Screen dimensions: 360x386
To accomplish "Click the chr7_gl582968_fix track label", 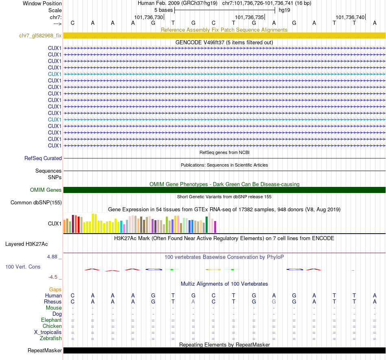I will click(x=40, y=36).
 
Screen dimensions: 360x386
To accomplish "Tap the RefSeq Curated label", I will click(x=43, y=158).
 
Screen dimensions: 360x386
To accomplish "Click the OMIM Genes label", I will click(x=46, y=190).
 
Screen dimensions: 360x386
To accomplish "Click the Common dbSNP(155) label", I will click(x=36, y=202).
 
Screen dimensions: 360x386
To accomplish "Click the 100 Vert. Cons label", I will click(x=23, y=267).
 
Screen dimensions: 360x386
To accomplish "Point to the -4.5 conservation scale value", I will click(x=54, y=277).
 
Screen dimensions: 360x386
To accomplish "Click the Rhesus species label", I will click(x=53, y=302).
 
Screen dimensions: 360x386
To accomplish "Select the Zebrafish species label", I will click(x=51, y=338).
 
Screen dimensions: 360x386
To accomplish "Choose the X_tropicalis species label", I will click(x=48, y=332).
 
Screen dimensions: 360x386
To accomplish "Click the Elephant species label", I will click(x=52, y=320).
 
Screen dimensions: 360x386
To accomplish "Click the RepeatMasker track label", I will click(x=45, y=350).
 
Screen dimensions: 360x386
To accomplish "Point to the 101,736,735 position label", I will click(x=249, y=17).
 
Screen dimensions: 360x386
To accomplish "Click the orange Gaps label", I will click(x=55, y=289).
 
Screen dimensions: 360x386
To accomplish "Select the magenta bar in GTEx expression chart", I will click(x=215, y=227).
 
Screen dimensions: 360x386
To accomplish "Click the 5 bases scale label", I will click(x=163, y=10).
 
